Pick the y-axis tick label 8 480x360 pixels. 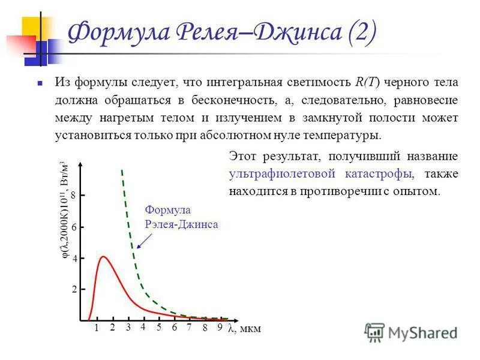pos(73,196)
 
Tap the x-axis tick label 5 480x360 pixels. pos(159,328)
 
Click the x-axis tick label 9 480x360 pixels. pos(220,328)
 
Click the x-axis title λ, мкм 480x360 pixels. pos(244,329)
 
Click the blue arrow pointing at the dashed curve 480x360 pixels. pos(142,239)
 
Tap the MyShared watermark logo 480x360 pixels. pos(412,332)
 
